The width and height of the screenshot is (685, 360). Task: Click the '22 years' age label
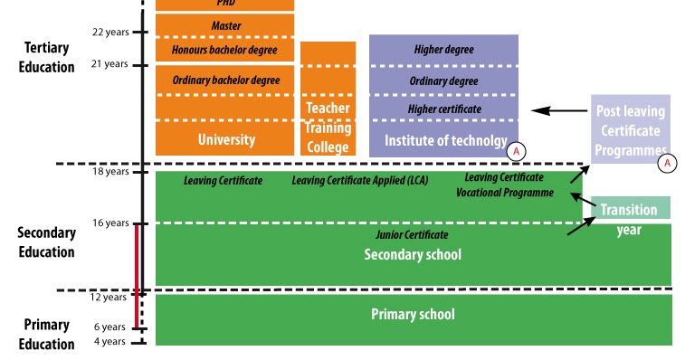[x=110, y=32]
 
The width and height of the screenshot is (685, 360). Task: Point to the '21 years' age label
[x=110, y=64]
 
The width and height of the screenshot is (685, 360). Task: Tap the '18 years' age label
[x=110, y=171]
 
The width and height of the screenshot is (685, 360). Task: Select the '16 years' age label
[x=110, y=223]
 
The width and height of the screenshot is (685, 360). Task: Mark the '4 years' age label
[x=110, y=341]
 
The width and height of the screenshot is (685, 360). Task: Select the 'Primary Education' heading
[x=46, y=334]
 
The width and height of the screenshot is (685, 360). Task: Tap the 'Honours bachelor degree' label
[x=224, y=49]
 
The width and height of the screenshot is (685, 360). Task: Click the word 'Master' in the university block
[x=225, y=25]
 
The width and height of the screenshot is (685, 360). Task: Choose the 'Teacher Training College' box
[x=328, y=128]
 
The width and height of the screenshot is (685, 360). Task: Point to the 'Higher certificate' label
[x=443, y=109]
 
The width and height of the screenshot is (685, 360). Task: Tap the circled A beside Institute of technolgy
[x=516, y=151]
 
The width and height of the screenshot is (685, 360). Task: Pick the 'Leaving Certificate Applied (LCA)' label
[x=359, y=181]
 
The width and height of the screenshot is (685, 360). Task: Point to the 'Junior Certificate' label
[x=412, y=235]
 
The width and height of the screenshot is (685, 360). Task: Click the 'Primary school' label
[x=413, y=314]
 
